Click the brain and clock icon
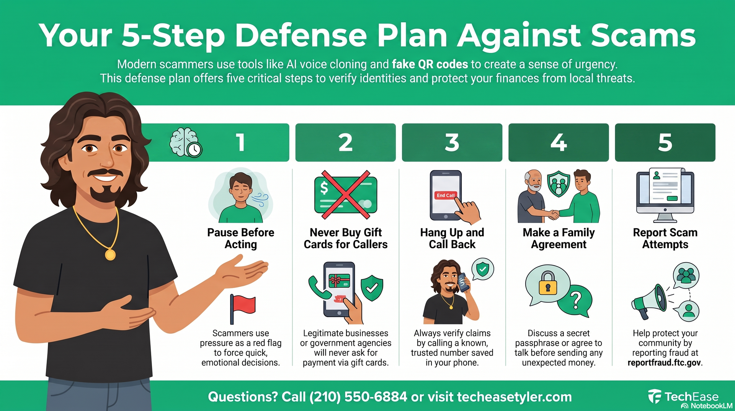pos(186,143)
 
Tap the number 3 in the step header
pos(452,143)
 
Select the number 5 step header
pos(665,143)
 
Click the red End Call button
pos(446,195)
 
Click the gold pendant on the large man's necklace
pos(110,255)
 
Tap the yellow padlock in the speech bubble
pos(548,284)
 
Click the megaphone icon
pos(649,302)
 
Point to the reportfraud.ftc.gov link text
pos(664,363)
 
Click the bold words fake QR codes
pos(430,64)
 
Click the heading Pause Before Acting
pos(241,238)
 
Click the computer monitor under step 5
pos(665,196)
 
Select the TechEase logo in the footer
pos(683,396)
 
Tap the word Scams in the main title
pos(643,36)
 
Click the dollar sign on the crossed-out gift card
pos(324,188)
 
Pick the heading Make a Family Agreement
pos(559,238)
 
